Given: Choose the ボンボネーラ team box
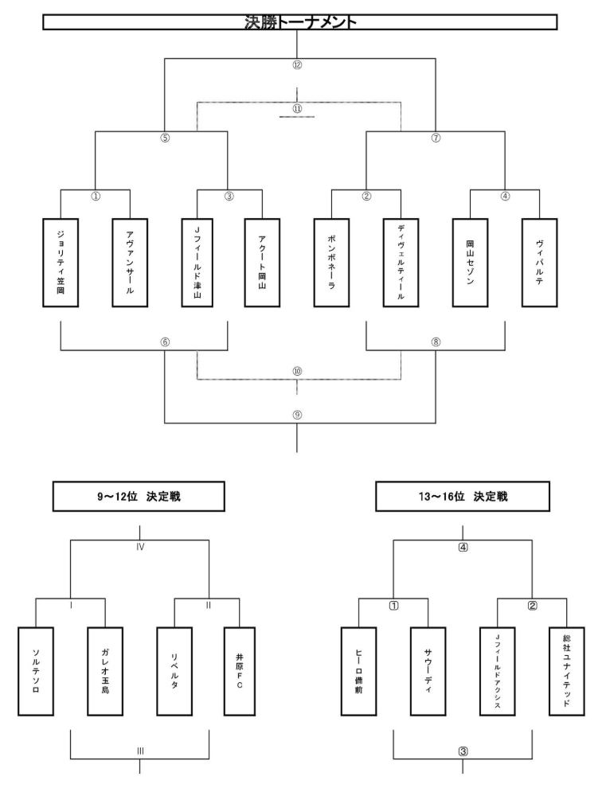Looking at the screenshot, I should coord(332,262).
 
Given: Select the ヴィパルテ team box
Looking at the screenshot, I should coord(538,262).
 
